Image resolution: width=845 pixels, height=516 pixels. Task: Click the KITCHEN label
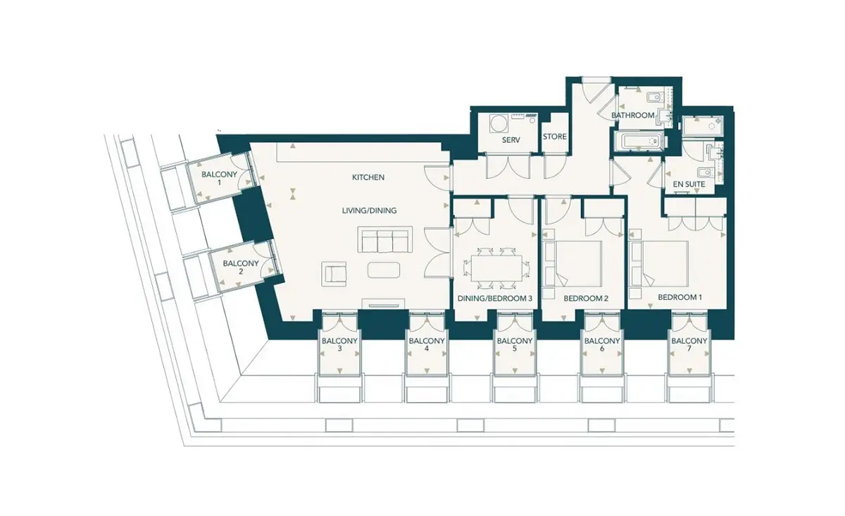tap(368, 177)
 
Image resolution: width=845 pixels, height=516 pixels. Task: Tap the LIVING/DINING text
tap(369, 210)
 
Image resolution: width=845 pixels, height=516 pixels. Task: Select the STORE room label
tap(555, 137)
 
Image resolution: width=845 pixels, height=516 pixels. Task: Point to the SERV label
tap(511, 140)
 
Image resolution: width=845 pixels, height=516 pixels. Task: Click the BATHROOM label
tap(633, 115)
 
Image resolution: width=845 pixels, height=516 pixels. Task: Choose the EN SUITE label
tap(689, 184)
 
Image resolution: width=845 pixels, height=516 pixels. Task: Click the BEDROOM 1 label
tap(680, 297)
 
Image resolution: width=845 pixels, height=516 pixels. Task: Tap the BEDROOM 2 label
tap(586, 298)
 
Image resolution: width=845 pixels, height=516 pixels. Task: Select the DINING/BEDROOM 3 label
tap(494, 298)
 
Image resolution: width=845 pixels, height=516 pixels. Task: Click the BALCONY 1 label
tap(219, 178)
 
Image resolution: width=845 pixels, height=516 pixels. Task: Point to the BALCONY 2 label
tap(241, 267)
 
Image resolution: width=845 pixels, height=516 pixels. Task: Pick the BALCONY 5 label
tap(515, 344)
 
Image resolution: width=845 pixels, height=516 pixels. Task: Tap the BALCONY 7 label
tap(689, 344)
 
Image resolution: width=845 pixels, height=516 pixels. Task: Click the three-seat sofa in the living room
tap(384, 239)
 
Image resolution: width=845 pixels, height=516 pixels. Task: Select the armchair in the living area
tap(334, 273)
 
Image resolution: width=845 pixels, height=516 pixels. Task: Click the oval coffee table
tap(384, 270)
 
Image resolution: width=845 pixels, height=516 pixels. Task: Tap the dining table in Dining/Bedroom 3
tap(496, 268)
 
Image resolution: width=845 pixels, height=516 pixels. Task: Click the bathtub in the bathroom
tap(639, 141)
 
